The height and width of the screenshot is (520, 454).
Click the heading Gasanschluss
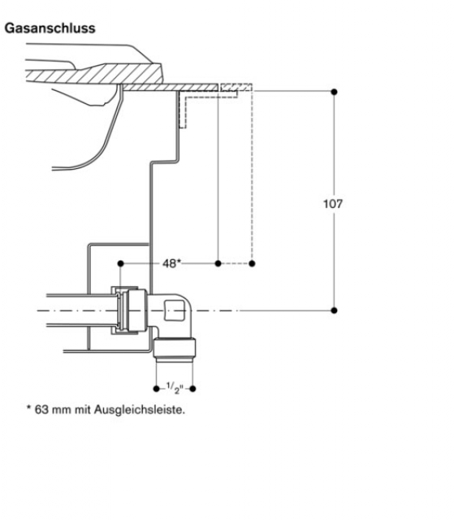[50, 28]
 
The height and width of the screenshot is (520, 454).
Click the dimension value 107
[333, 204]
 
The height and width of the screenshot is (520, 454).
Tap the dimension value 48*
[171, 263]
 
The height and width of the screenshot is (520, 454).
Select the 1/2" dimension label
[175, 388]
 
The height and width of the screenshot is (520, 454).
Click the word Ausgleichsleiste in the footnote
[140, 409]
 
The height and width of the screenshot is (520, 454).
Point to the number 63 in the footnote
[41, 409]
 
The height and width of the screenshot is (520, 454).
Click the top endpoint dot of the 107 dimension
[334, 92]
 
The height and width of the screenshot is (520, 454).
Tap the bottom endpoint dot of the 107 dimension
[334, 310]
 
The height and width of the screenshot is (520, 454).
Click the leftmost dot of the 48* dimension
[121, 263]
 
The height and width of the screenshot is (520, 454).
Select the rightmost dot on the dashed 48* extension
[252, 263]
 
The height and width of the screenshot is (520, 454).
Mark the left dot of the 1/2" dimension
[157, 388]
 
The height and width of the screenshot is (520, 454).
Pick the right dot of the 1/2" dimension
[192, 388]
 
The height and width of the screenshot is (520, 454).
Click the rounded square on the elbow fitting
[175, 310]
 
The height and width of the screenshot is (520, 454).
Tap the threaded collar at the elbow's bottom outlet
[175, 349]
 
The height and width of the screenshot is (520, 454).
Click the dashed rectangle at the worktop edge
[236, 88]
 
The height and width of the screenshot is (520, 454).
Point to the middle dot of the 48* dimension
[218, 263]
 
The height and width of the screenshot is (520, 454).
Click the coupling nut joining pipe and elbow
[136, 310]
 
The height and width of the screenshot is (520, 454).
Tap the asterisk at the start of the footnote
[28, 407]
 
